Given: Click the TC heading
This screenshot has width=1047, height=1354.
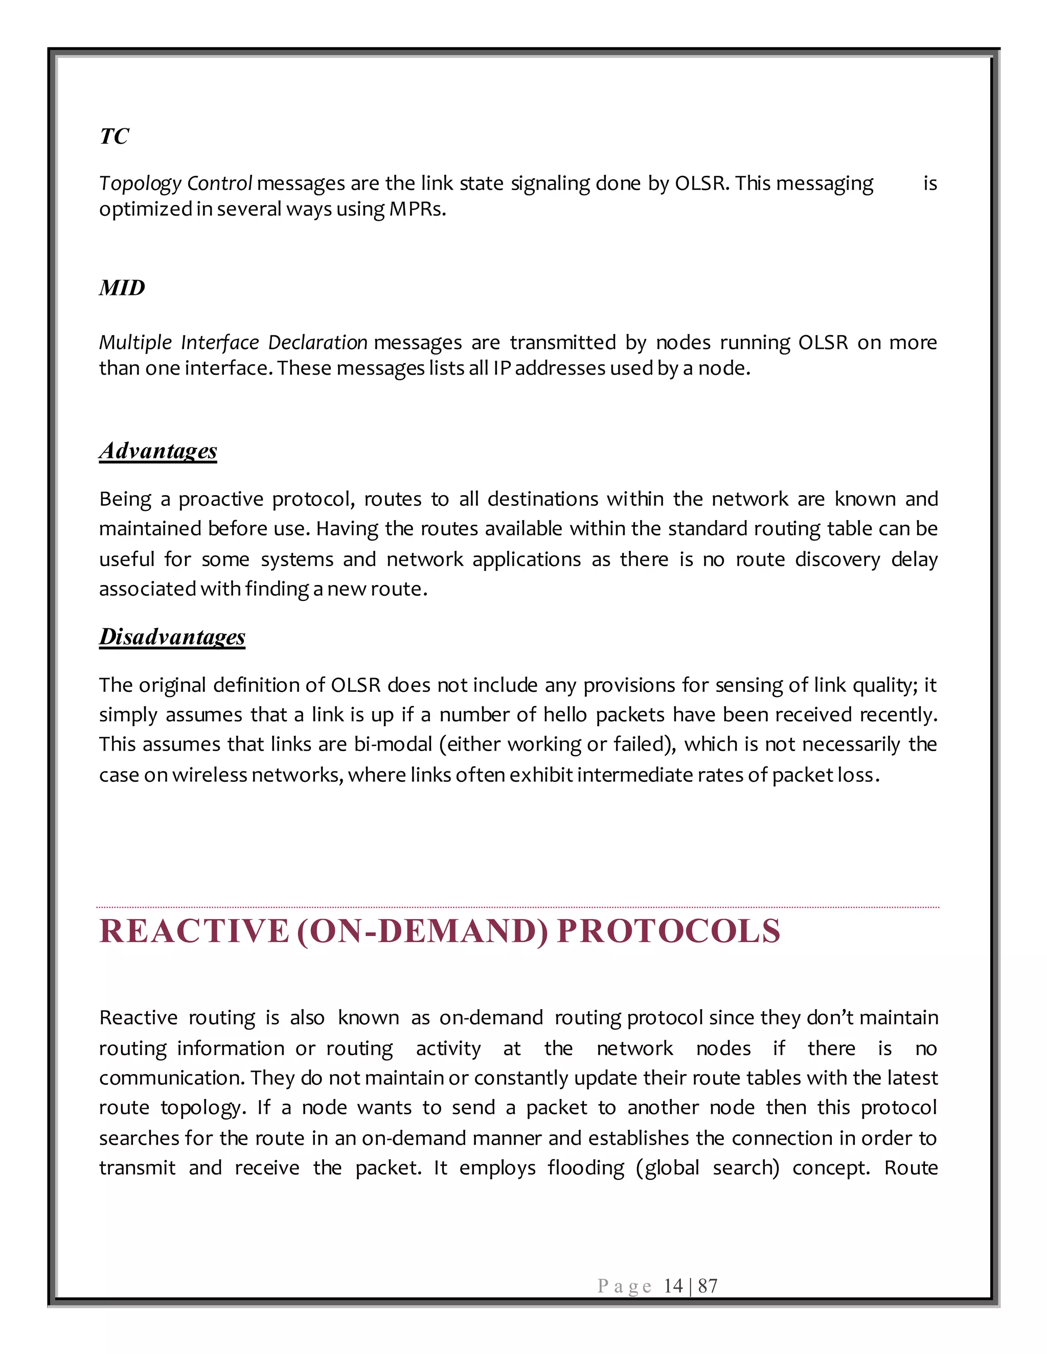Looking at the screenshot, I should point(114,136).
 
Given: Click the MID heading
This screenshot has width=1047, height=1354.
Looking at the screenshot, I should point(122,288).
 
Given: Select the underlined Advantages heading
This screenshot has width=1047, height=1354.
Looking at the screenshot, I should point(158,451).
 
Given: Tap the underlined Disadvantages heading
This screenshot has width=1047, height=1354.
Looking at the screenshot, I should point(172,637).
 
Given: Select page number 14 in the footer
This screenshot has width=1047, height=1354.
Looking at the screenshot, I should point(672,1286).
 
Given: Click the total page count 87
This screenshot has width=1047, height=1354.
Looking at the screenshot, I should point(708,1286).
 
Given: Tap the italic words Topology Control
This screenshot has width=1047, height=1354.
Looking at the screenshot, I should point(175,184).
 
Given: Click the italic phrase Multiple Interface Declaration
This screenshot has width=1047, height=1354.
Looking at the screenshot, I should point(233,343).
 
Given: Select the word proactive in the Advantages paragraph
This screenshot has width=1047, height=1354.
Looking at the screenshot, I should point(221,500).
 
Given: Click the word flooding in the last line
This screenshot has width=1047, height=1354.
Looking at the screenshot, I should point(585,1168).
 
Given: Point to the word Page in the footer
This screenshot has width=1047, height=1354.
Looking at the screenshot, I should point(624,1287).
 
